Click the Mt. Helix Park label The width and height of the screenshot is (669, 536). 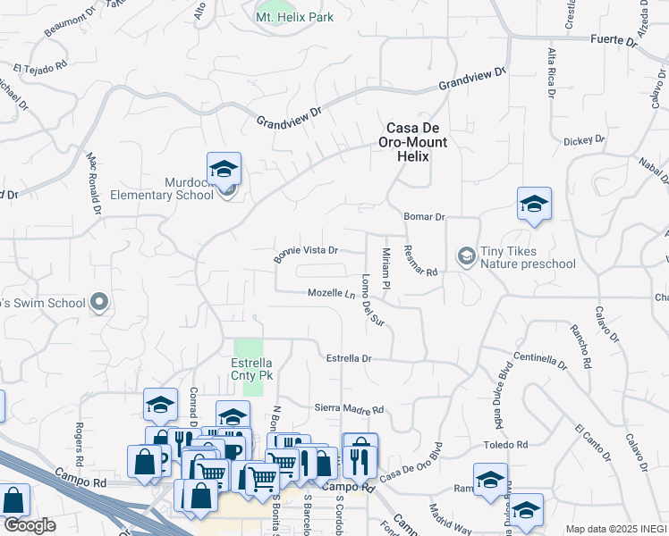(x=294, y=18)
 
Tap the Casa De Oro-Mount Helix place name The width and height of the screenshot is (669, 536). (x=416, y=142)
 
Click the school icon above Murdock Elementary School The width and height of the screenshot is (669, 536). (x=224, y=168)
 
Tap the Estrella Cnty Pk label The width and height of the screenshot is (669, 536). (x=252, y=370)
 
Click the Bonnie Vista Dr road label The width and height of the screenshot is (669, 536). (x=306, y=254)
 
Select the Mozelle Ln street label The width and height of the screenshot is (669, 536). (x=332, y=293)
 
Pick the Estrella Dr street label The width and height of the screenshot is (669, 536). (x=348, y=358)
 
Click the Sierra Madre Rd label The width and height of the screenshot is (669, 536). (x=349, y=409)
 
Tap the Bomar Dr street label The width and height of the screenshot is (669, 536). (x=424, y=216)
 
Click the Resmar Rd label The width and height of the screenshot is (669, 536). (x=419, y=260)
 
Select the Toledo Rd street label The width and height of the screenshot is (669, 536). (x=506, y=444)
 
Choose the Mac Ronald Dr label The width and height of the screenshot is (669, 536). (x=92, y=183)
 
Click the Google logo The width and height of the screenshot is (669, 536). (x=30, y=525)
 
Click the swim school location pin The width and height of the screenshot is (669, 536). (x=100, y=303)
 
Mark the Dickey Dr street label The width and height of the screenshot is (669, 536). (x=584, y=141)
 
